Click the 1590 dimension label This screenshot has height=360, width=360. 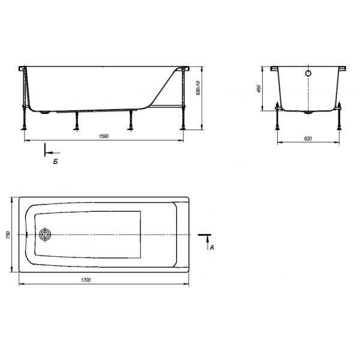pyautogui.click(x=103, y=137)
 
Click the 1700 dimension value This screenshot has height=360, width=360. pyautogui.click(x=103, y=281)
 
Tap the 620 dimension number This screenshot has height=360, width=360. pyautogui.click(x=308, y=138)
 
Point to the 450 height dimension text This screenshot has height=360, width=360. pyautogui.click(x=259, y=88)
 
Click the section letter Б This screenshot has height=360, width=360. pyautogui.click(x=55, y=161)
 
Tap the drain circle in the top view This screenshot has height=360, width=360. pyautogui.click(x=45, y=235)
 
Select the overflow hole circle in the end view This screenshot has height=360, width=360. pyautogui.click(x=308, y=74)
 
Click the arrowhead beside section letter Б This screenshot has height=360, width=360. pyautogui.click(x=49, y=152)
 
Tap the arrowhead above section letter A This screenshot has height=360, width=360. pyautogui.click(x=208, y=238)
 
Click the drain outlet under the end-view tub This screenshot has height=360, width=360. pyautogui.click(x=308, y=112)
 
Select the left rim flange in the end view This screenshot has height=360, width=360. pyautogui.click(x=275, y=69)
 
